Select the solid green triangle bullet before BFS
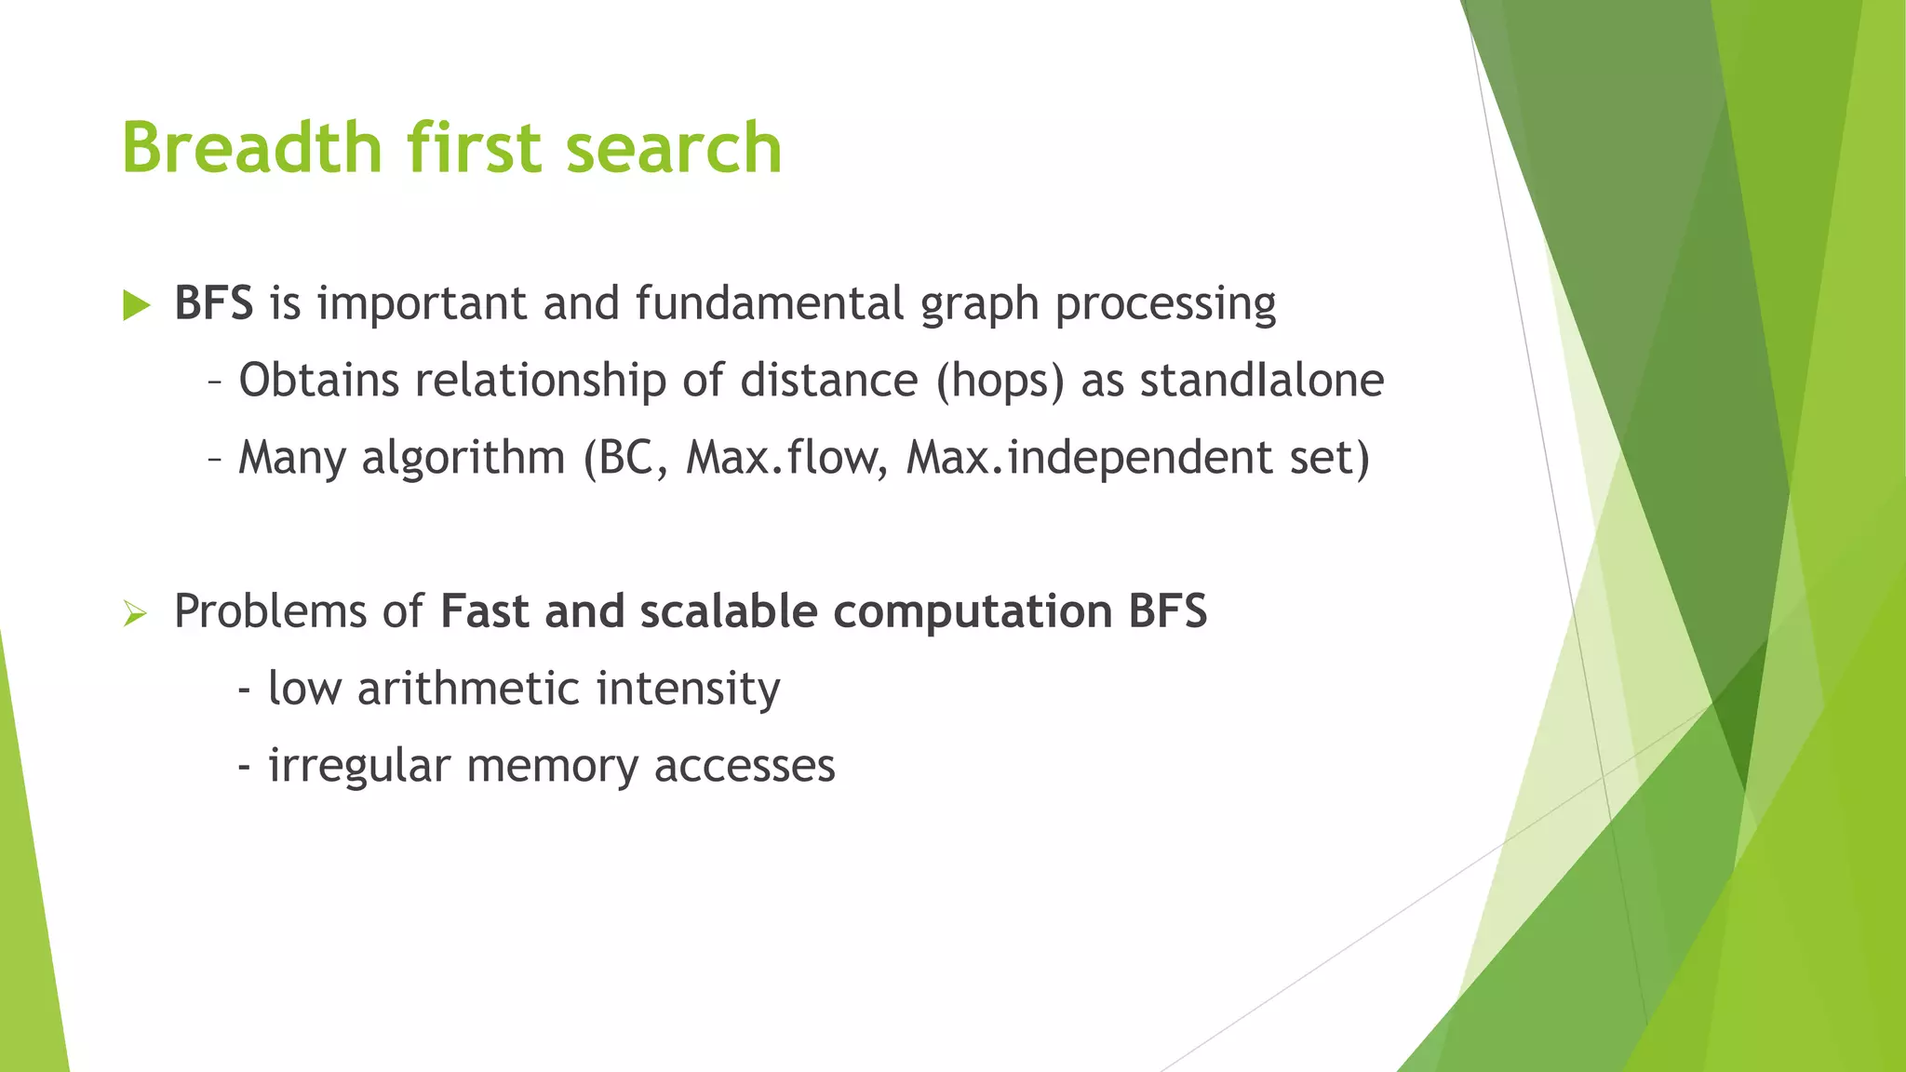click(x=136, y=305)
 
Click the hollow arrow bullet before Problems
click(x=135, y=614)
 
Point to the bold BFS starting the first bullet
click(x=213, y=303)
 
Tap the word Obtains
click(x=319, y=380)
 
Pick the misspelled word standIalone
click(x=1262, y=380)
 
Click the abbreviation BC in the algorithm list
click(x=627, y=458)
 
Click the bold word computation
click(x=973, y=612)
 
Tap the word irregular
click(x=359, y=767)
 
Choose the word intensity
click(x=688, y=690)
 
